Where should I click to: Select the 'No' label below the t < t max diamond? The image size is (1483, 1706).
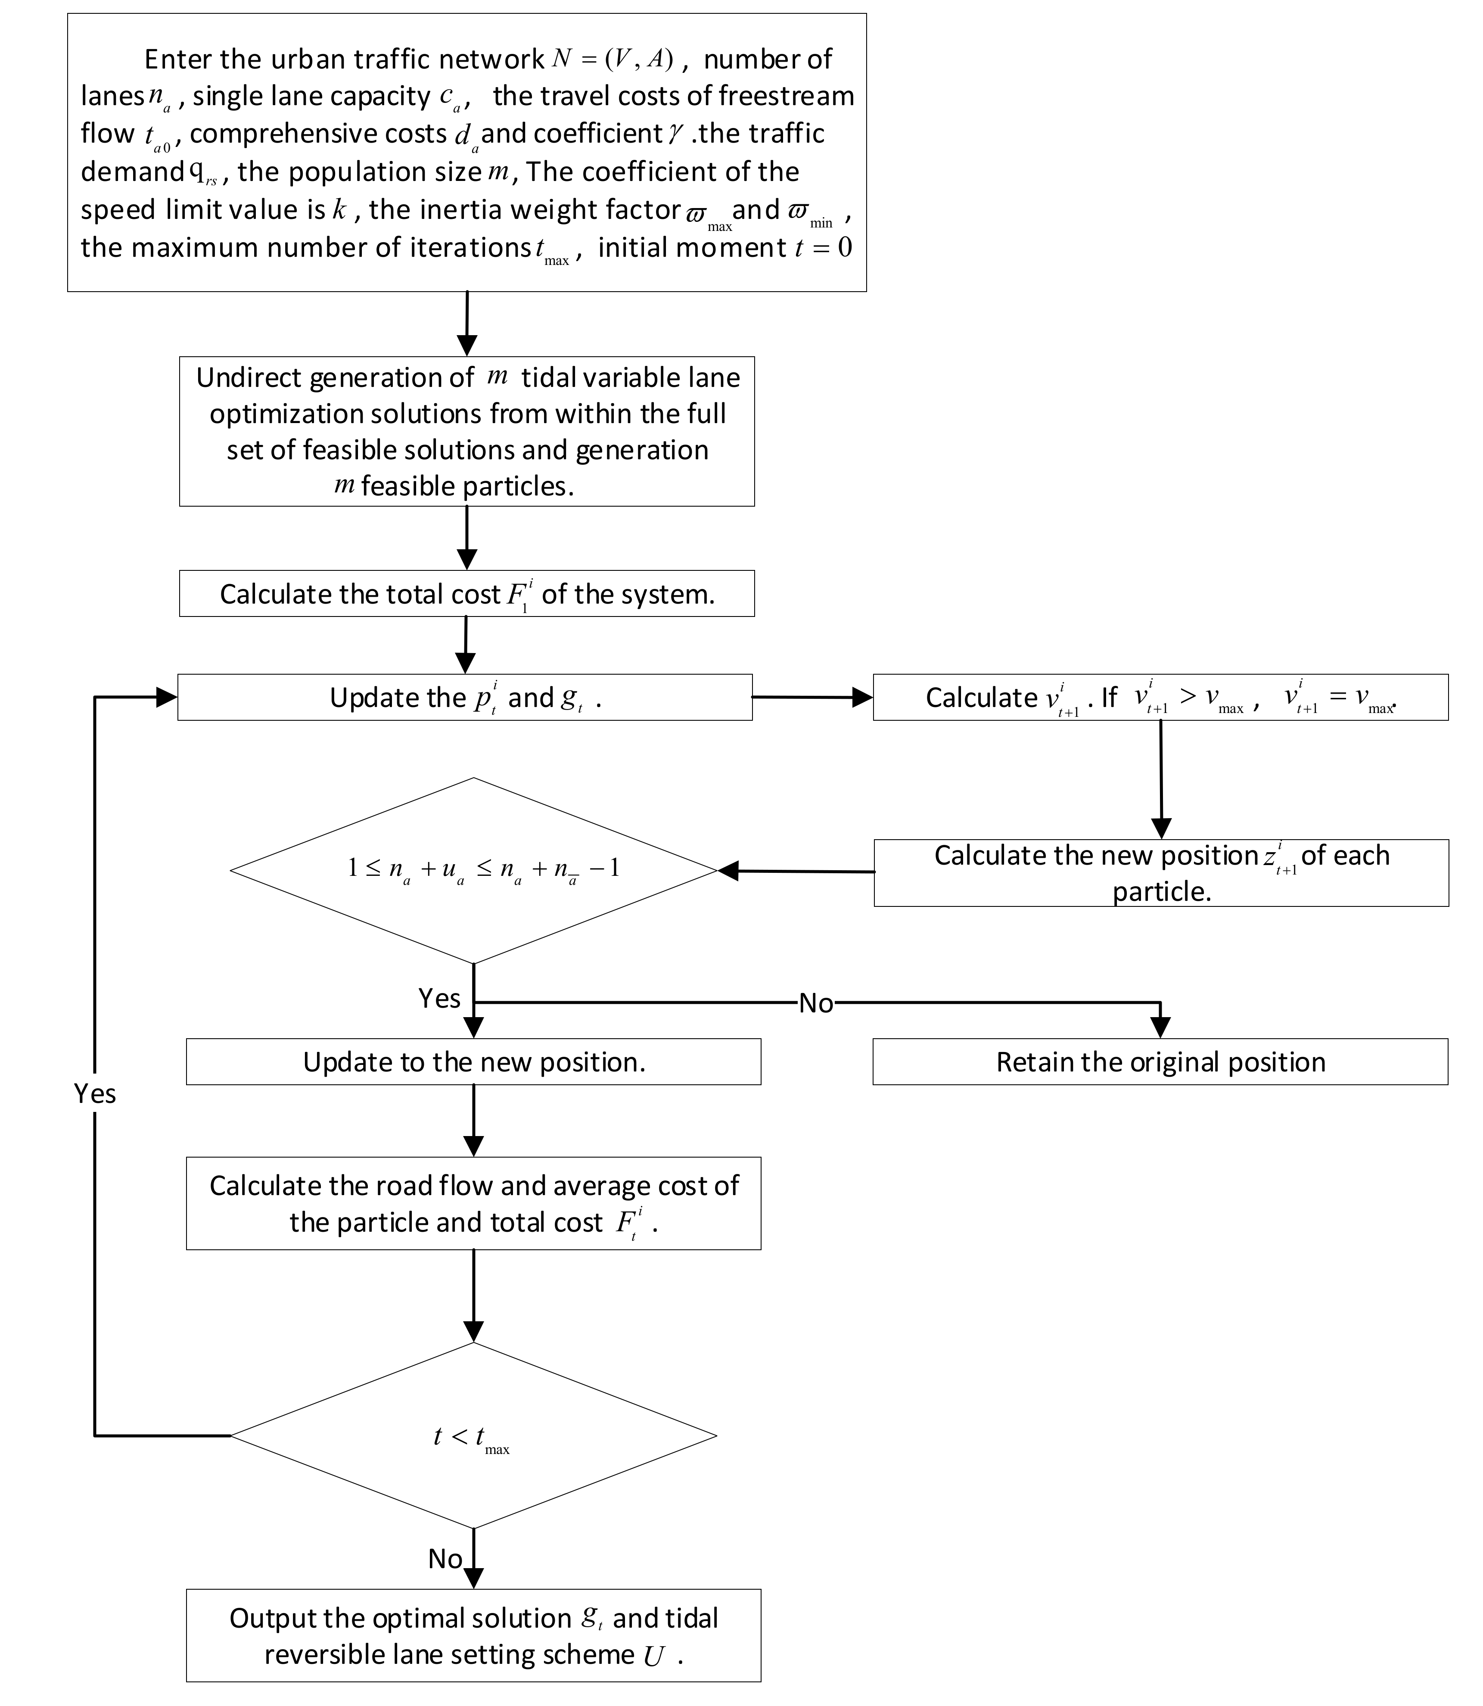coord(445,1559)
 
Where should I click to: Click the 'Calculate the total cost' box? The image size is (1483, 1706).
coord(467,594)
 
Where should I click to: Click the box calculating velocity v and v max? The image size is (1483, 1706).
coord(1160,697)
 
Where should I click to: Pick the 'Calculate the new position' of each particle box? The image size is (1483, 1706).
coord(1160,872)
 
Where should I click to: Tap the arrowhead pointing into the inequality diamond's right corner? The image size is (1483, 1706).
coord(728,871)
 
